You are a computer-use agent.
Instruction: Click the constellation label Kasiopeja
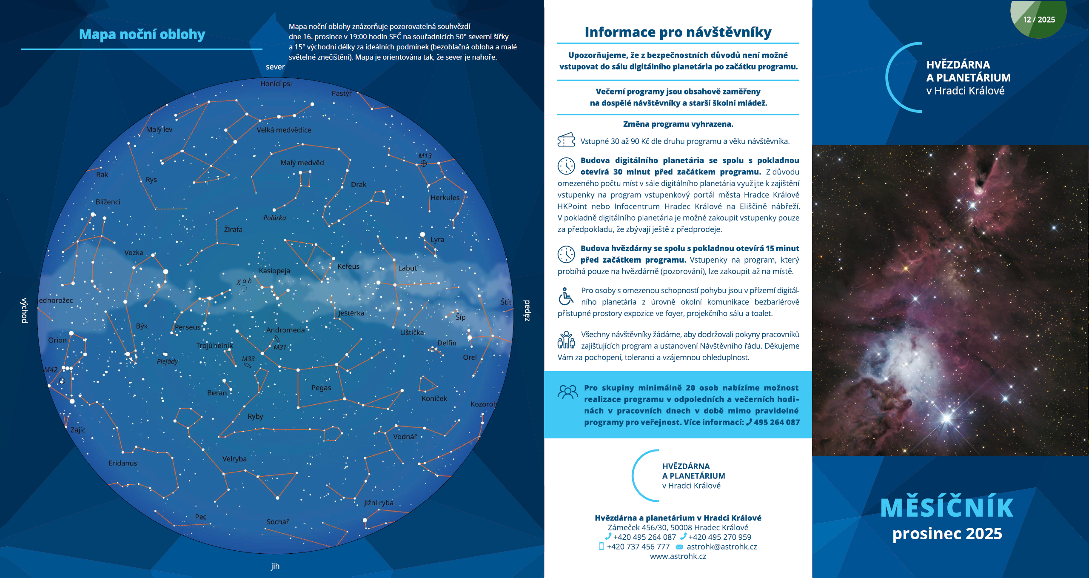pyautogui.click(x=274, y=271)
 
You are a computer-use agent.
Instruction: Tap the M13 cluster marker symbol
pyautogui.click(x=424, y=163)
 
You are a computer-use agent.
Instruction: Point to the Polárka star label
pyautogui.click(x=274, y=218)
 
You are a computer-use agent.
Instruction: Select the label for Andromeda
pyautogui.click(x=285, y=330)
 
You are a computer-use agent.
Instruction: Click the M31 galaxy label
pyautogui.click(x=280, y=347)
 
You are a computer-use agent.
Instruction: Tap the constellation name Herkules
pyautogui.click(x=445, y=197)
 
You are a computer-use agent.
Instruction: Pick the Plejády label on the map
pyautogui.click(x=168, y=361)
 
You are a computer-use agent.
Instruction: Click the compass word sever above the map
pyautogui.click(x=275, y=67)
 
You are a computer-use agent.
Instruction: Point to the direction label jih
pyautogui.click(x=275, y=566)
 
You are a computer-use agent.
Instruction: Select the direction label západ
pyautogui.click(x=527, y=311)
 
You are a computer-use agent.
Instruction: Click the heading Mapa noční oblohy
pyautogui.click(x=142, y=34)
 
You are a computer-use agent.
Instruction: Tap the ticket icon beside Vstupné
pyautogui.click(x=566, y=140)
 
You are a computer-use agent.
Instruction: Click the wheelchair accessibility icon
pyautogui.click(x=565, y=296)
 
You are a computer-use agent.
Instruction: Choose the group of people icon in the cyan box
pyautogui.click(x=567, y=392)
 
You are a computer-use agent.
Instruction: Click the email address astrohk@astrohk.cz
pyautogui.click(x=722, y=547)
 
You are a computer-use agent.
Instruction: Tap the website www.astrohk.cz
pyautogui.click(x=678, y=556)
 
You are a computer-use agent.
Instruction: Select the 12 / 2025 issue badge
pyautogui.click(x=1039, y=20)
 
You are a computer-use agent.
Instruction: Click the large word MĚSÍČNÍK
pyautogui.click(x=947, y=507)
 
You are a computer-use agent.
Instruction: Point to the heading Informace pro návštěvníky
pyautogui.click(x=678, y=32)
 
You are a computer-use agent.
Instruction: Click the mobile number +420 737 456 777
pyautogui.click(x=638, y=547)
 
